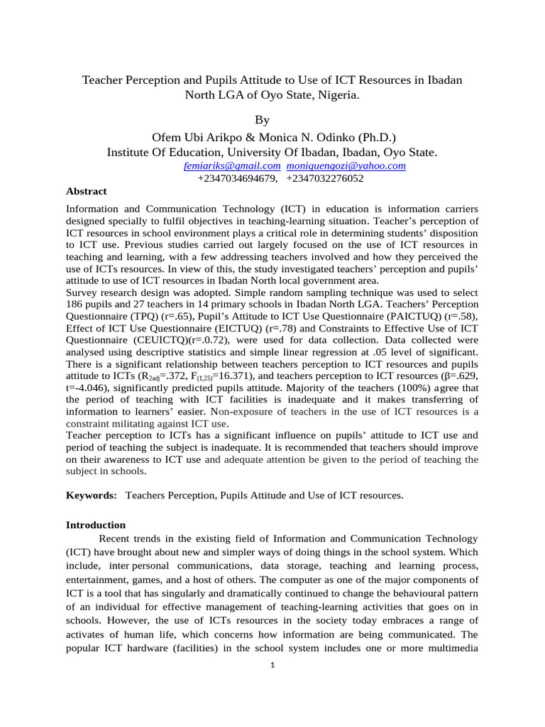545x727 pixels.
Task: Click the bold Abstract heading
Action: coord(86,192)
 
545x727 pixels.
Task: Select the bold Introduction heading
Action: coord(96,525)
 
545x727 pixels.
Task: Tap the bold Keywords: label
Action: coord(92,496)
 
